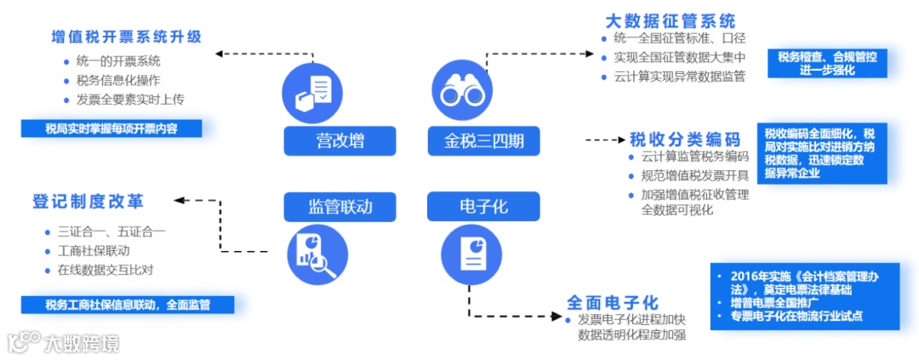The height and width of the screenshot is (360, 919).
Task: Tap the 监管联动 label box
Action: pos(328,206)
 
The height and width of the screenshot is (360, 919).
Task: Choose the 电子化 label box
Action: pos(483,206)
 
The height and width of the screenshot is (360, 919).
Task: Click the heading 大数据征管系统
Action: pos(671,21)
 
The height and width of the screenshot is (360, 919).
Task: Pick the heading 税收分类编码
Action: pos(685,140)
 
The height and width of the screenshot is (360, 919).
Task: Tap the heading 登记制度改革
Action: pos(88,203)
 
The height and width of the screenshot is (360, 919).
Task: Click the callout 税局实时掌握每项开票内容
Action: pos(111,129)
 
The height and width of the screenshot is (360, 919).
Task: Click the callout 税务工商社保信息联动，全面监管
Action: pos(128,304)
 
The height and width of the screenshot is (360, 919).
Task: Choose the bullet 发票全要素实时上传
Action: pos(129,100)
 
